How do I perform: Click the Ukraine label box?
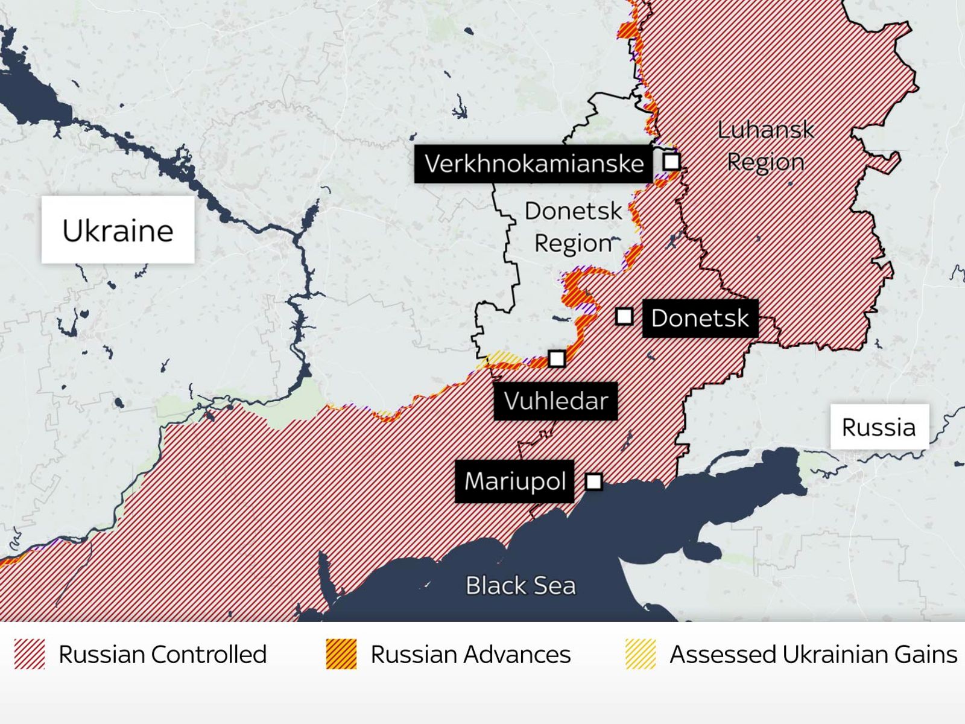pyautogui.click(x=118, y=230)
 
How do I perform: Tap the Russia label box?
pyautogui.click(x=879, y=427)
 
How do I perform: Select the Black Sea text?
pyautogui.click(x=520, y=585)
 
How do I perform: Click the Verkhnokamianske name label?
pyautogui.click(x=534, y=164)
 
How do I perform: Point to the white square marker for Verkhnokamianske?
pyautogui.click(x=671, y=162)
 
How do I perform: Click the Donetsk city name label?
pyautogui.click(x=700, y=318)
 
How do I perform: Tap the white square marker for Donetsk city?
pyautogui.click(x=624, y=316)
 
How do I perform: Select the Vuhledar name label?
pyautogui.click(x=555, y=401)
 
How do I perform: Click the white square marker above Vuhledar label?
pyautogui.click(x=557, y=358)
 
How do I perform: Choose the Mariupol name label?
pyautogui.click(x=514, y=481)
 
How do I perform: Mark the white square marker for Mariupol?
pyautogui.click(x=594, y=481)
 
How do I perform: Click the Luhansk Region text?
pyautogui.click(x=765, y=146)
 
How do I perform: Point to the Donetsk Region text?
pyautogui.click(x=573, y=227)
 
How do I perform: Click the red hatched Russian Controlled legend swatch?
pyautogui.click(x=30, y=654)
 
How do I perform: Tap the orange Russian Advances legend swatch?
pyautogui.click(x=341, y=654)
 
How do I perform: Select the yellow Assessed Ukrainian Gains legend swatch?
pyautogui.click(x=641, y=654)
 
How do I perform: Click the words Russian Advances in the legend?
pyautogui.click(x=470, y=654)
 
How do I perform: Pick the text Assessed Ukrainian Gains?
pyautogui.click(x=813, y=654)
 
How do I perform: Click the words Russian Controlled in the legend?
pyautogui.click(x=163, y=654)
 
